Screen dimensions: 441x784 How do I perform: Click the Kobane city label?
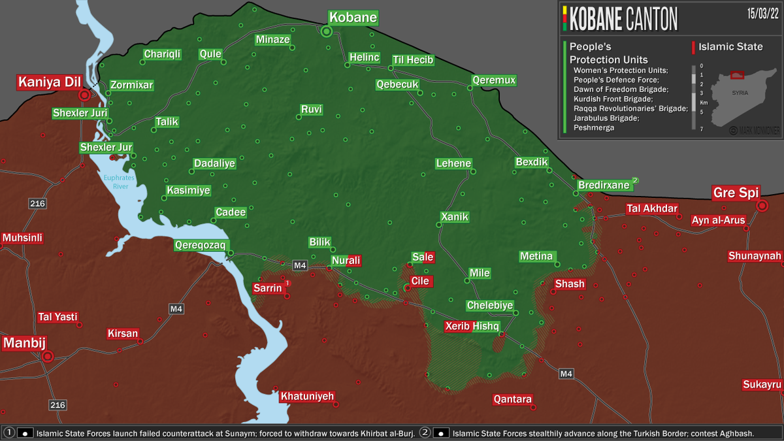(x=353, y=18)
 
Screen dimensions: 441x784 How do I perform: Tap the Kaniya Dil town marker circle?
(x=84, y=95)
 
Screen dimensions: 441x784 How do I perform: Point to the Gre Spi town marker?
(x=762, y=206)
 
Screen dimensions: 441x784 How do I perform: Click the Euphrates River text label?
(x=118, y=182)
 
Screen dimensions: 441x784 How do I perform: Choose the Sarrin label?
(x=269, y=288)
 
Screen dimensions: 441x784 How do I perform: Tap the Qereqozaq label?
(x=200, y=246)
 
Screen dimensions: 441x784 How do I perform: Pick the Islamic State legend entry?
(x=730, y=46)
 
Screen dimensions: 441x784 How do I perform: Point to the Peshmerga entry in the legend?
(x=594, y=128)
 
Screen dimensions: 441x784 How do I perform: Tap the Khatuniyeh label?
(x=307, y=396)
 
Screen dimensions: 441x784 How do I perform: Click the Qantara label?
(x=513, y=399)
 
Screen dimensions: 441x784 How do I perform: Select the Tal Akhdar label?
(x=651, y=209)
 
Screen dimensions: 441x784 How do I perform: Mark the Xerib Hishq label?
(x=472, y=326)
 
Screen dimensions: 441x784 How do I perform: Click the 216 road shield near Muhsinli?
(x=37, y=204)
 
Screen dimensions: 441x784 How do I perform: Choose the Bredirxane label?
(x=604, y=185)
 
